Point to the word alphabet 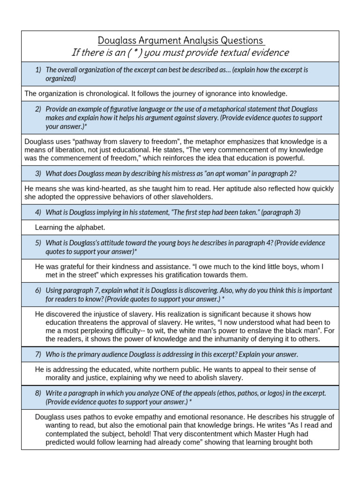point(90,227)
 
